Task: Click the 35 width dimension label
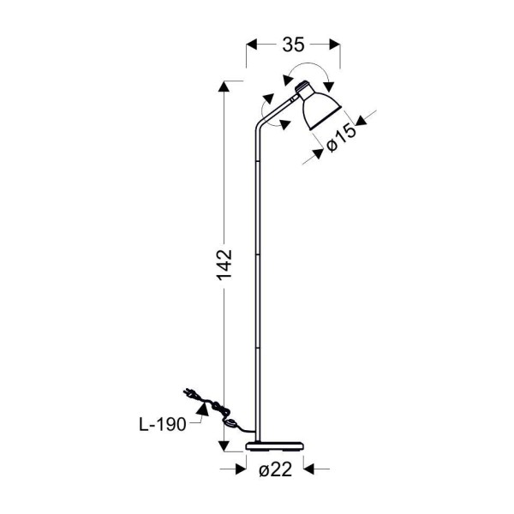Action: pyautogui.click(x=293, y=45)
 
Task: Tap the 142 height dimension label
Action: pyautogui.click(x=224, y=265)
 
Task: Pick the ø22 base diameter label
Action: pyautogui.click(x=275, y=469)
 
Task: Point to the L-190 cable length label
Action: pyautogui.click(x=163, y=425)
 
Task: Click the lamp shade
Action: pyautogui.click(x=320, y=111)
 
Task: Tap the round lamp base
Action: pyautogui.click(x=275, y=446)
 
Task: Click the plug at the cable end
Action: pyautogui.click(x=189, y=393)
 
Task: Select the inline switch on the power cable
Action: pyautogui.click(x=231, y=423)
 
